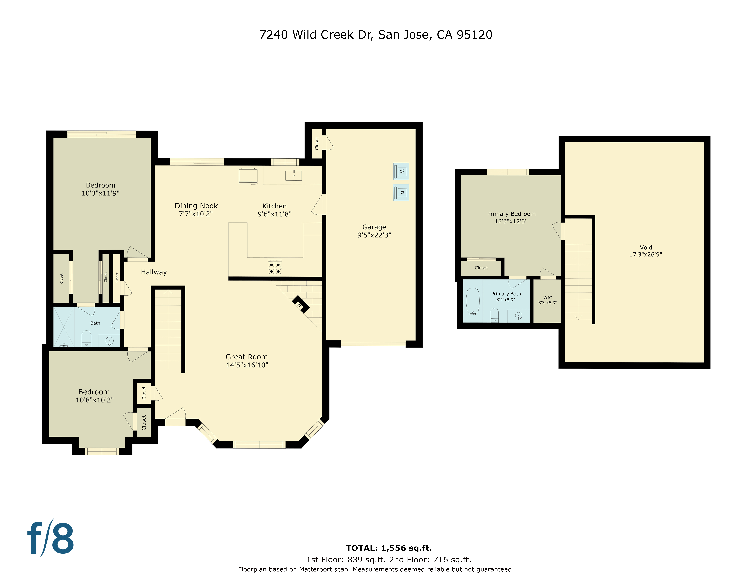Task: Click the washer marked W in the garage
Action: (401, 171)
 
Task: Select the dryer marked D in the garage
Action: (401, 192)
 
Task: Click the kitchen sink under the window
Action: (293, 176)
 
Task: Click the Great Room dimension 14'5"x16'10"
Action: (247, 365)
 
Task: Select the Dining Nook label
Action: (196, 206)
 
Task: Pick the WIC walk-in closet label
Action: (547, 298)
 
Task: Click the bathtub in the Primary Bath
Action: (473, 301)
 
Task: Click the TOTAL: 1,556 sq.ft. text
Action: (389, 548)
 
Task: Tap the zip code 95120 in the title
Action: (474, 35)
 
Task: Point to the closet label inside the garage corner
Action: (317, 144)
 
